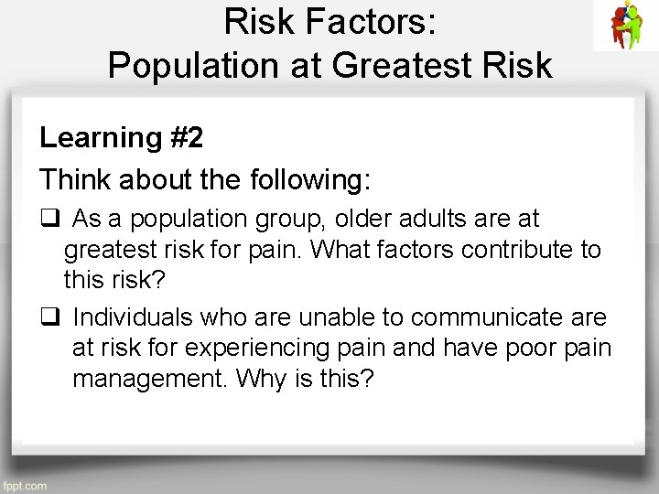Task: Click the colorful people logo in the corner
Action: [x=626, y=25]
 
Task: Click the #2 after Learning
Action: [x=187, y=137]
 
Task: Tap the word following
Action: [x=307, y=179]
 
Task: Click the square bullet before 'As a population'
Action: [x=49, y=220]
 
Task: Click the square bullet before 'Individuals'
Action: [x=49, y=317]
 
